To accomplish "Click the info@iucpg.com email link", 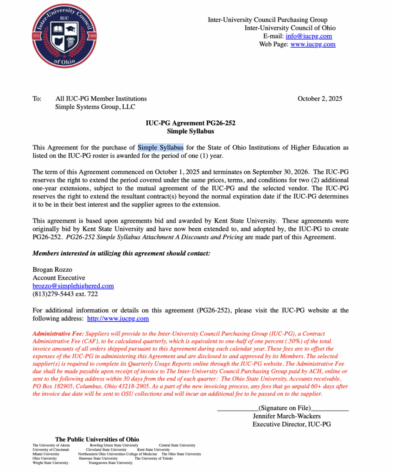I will click(x=309, y=36).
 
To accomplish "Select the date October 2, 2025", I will click(x=320, y=99).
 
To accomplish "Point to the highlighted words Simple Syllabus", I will click(x=160, y=148).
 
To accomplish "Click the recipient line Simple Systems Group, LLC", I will click(x=95, y=107).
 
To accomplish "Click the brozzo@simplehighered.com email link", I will click(x=73, y=286).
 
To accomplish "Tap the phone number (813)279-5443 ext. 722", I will click(x=65, y=294).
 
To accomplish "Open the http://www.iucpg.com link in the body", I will click(x=118, y=318).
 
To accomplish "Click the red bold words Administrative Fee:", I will click(x=58, y=334).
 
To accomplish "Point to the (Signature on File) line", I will click(x=283, y=408).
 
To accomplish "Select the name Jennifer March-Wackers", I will click(x=286, y=416).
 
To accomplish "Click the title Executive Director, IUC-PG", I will click(x=292, y=424).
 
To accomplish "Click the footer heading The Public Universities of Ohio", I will click(x=97, y=439).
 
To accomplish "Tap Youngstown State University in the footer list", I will click(x=110, y=462).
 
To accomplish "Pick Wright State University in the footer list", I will click(x=50, y=462).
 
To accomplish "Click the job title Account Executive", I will click(x=59, y=278).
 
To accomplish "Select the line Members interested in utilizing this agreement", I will click(x=121, y=253).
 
